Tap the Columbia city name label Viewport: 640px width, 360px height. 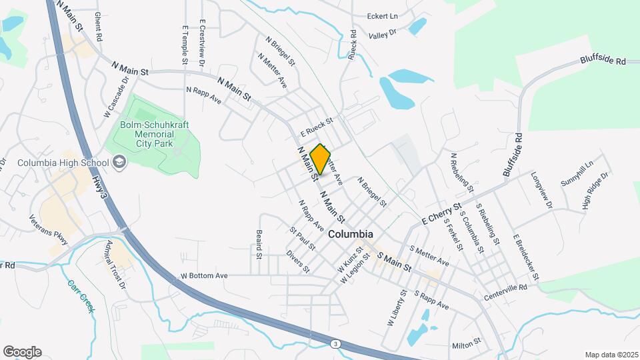pyautogui.click(x=350, y=235)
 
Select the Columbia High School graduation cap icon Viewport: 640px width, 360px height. pyautogui.click(x=119, y=163)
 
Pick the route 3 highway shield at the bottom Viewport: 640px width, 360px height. pyautogui.click(x=334, y=343)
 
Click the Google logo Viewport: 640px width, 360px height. pyautogui.click(x=22, y=352)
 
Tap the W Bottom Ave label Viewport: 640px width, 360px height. pyautogui.click(x=204, y=275)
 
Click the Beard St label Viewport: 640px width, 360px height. pyautogui.click(x=258, y=245)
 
